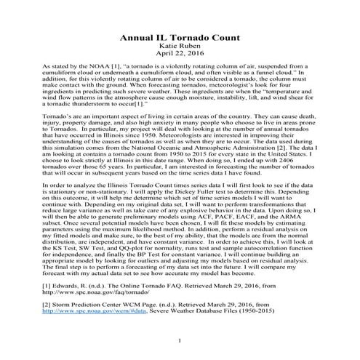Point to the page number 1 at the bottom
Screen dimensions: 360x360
[179, 340]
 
